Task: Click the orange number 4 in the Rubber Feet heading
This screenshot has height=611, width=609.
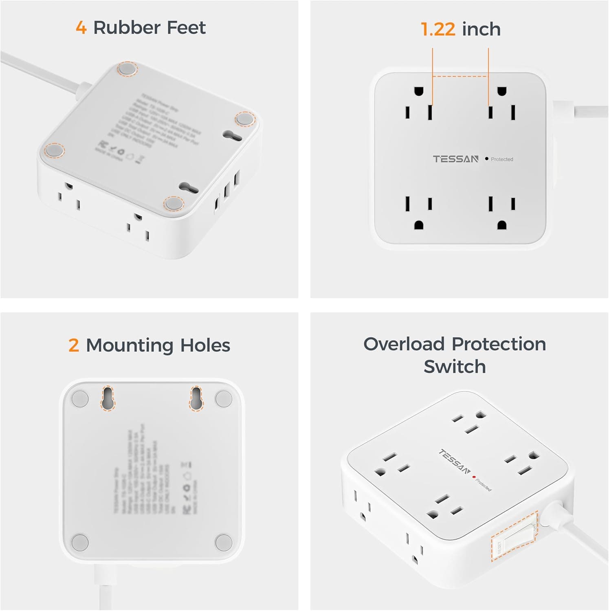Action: (x=81, y=28)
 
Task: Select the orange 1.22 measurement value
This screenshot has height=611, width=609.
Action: (x=438, y=29)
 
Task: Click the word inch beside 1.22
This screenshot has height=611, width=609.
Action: (x=481, y=29)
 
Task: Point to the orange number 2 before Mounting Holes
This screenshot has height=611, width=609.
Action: (x=73, y=345)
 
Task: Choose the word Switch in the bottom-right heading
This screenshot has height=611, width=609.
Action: (x=455, y=367)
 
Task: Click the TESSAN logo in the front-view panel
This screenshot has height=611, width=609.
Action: (x=455, y=159)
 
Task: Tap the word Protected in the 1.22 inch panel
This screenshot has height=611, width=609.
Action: (x=502, y=159)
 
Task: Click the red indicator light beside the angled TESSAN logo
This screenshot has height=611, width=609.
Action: (x=474, y=476)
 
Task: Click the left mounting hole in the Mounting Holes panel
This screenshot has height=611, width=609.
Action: (x=108, y=398)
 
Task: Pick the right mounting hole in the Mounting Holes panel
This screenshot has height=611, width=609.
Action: (x=196, y=398)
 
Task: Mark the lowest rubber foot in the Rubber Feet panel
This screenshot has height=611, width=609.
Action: (x=174, y=203)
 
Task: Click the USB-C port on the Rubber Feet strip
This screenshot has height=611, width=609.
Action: (x=216, y=205)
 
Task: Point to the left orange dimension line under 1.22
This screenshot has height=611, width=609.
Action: (x=433, y=81)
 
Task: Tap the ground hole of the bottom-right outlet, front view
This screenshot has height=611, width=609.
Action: (x=502, y=225)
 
